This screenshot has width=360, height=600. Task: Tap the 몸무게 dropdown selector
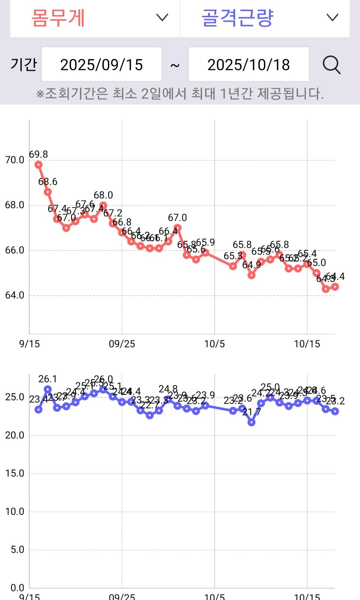95,18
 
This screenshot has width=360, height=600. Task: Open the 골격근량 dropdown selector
265,18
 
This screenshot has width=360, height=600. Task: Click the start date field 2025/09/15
102,65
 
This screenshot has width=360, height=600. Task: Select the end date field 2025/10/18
249,65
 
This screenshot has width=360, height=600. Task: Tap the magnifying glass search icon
331,65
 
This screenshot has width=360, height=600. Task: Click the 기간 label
24,65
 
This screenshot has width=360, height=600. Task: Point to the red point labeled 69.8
38,165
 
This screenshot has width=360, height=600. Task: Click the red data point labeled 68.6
48,192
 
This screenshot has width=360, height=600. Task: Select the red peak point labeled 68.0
103,205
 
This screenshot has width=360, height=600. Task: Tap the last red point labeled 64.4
335,287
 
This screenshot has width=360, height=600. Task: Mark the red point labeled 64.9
252,275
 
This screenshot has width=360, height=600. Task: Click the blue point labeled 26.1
48,389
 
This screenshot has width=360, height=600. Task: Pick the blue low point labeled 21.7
252,423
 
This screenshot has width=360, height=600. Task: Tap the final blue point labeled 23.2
335,411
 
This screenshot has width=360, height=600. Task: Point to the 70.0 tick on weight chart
15,160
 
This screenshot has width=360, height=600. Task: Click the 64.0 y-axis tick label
15,295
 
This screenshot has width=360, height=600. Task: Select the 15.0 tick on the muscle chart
15,474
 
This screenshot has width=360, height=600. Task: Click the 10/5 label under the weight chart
214,344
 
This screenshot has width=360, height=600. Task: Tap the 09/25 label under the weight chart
122,344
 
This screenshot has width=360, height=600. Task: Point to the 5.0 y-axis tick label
17,550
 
